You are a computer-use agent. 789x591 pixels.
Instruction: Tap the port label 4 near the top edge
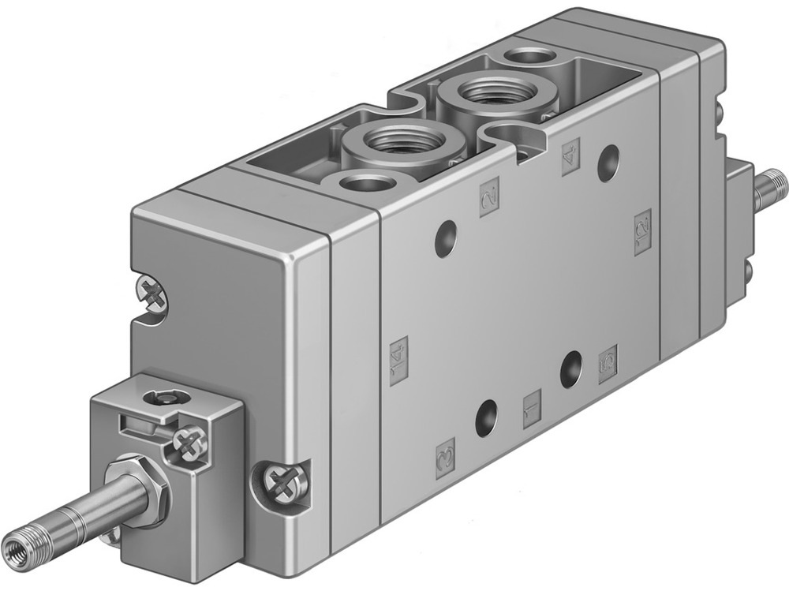point(570,151)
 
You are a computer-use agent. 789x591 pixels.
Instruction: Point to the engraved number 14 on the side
point(399,356)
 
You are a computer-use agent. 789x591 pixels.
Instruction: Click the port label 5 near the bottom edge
point(608,363)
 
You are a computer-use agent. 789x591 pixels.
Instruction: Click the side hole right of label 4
point(608,163)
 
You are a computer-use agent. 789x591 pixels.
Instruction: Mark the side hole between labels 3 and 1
point(487,418)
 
